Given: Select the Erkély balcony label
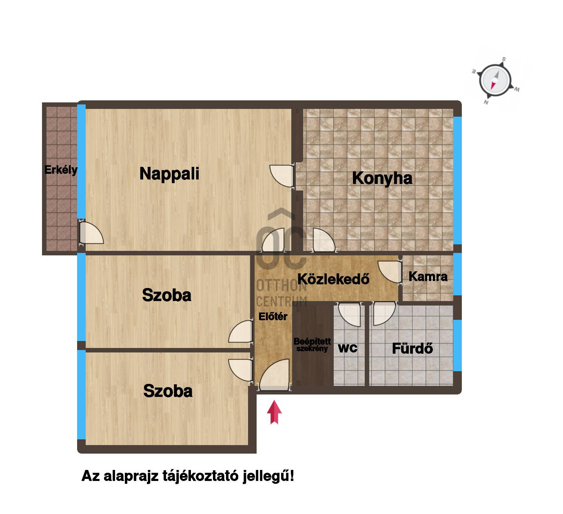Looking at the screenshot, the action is [x=61, y=170].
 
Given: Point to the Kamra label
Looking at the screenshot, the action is [x=428, y=277].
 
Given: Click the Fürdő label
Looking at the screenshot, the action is [x=412, y=348].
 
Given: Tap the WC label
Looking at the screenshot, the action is [x=348, y=348].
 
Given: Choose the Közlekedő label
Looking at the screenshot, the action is [x=333, y=279].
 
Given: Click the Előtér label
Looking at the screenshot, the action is [x=273, y=317].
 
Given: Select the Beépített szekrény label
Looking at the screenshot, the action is [x=312, y=345].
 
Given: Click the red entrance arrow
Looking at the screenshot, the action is [x=274, y=412].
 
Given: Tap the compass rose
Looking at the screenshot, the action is [x=495, y=80].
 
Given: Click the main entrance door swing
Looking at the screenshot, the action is [x=274, y=375].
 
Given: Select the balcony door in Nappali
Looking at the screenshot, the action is [x=91, y=233].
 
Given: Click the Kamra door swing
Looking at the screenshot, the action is [x=390, y=271].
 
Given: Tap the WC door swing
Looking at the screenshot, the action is [x=349, y=314].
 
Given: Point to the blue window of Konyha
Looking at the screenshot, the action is [x=457, y=180].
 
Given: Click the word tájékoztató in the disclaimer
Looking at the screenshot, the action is [x=200, y=476].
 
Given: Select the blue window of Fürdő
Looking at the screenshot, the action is [x=457, y=345].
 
